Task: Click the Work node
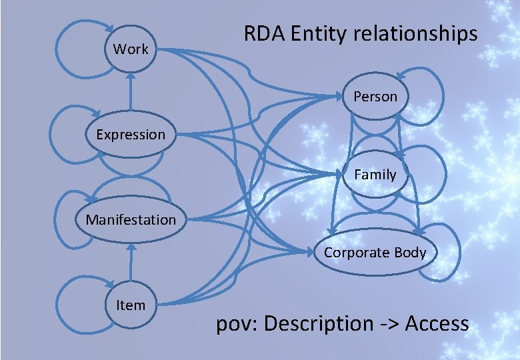[x=131, y=49]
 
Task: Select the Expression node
[x=131, y=135]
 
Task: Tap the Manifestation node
[x=131, y=219]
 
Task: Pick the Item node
[x=131, y=305]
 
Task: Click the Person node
[x=375, y=97]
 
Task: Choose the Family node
[x=375, y=175]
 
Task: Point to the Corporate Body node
[x=375, y=252]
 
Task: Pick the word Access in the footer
[x=437, y=324]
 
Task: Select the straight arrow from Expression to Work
[x=131, y=93]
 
